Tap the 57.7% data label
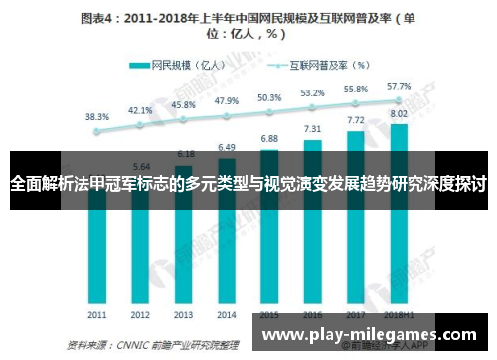[399, 86]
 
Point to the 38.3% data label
[97, 116]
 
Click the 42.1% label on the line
[141, 110]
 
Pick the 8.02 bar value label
[399, 113]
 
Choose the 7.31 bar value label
[312, 129]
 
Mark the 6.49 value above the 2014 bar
[227, 147]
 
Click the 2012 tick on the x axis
[141, 314]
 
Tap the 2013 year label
[184, 314]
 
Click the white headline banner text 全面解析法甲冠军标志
[248, 184]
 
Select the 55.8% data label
[355, 89]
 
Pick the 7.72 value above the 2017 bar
[355, 119]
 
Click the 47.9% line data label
[227, 100]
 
